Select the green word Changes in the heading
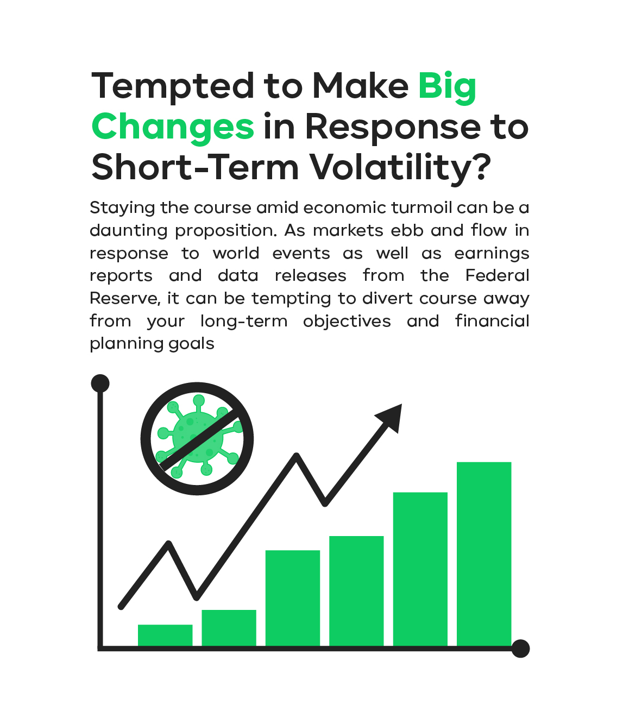click(173, 128)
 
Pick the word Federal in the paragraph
click(497, 275)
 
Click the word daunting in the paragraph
click(129, 231)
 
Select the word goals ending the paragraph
click(191, 344)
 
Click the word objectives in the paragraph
click(347, 322)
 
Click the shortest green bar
click(165, 635)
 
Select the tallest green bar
click(483, 554)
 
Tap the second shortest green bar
click(229, 628)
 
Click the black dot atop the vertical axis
click(100, 383)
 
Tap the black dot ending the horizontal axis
click(520, 648)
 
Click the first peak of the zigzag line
click(169, 544)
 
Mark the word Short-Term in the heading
click(195, 167)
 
